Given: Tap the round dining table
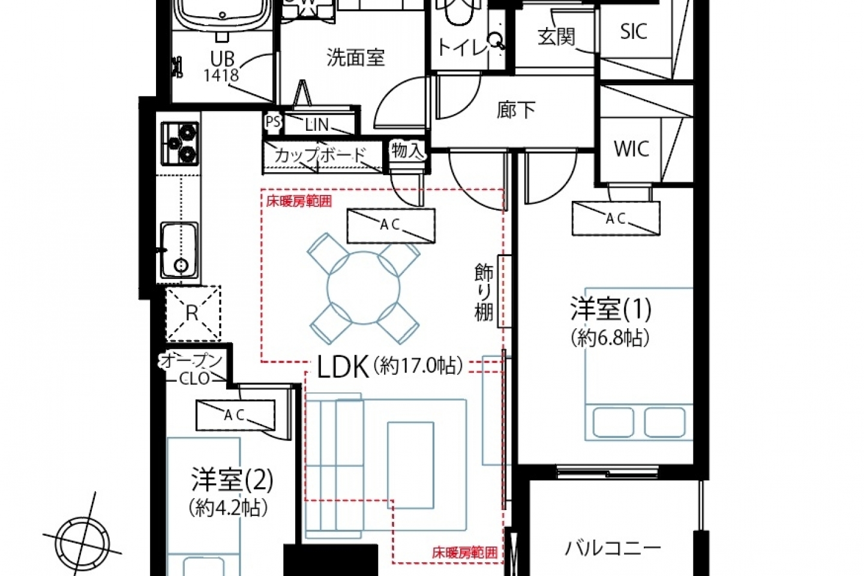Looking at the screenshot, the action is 364,288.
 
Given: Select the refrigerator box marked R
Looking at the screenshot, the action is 193,313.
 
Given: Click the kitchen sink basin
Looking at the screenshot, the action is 180,250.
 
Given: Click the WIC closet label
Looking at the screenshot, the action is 631,149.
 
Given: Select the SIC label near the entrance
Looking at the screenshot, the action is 634,31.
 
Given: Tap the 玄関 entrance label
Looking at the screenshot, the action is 557,37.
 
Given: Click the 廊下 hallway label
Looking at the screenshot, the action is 516,110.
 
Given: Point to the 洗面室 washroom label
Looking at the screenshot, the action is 356,58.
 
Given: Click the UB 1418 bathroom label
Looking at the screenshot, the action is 222,67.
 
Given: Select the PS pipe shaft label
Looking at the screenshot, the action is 273,122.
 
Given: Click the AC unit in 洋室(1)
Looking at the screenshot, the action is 616,218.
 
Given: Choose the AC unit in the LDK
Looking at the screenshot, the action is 391,226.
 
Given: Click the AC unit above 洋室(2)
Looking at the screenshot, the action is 235,415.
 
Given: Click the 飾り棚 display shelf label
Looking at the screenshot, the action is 484,292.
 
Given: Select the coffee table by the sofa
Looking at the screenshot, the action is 411,465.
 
